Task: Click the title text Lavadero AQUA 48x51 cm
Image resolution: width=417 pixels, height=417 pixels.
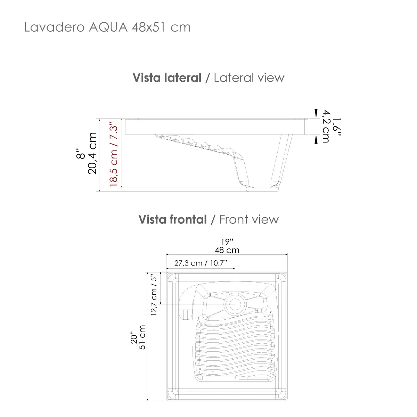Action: (107, 27)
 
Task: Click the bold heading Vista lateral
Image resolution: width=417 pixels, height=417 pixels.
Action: (167, 77)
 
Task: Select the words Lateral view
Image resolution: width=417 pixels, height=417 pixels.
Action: (249, 77)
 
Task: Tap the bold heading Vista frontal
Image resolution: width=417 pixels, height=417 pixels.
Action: (172, 220)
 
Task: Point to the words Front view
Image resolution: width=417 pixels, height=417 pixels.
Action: (249, 220)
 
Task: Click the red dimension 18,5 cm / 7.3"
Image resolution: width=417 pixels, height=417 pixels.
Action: (114, 154)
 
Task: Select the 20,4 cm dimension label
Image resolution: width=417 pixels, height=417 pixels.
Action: (92, 153)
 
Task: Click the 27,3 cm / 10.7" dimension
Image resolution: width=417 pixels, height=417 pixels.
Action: (201, 263)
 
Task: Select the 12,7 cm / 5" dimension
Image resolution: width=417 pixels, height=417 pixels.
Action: (154, 294)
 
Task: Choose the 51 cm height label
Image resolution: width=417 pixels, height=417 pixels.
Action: (142, 337)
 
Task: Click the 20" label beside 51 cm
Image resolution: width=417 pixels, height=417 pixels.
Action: (134, 337)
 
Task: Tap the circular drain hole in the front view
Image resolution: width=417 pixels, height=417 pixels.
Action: (235, 303)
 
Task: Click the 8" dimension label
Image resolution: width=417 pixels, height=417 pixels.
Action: (81, 153)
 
